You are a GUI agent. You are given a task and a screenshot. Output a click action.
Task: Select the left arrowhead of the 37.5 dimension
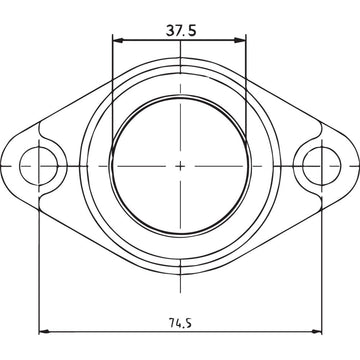118,41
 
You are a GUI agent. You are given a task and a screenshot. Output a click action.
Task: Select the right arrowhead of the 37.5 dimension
242,41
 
